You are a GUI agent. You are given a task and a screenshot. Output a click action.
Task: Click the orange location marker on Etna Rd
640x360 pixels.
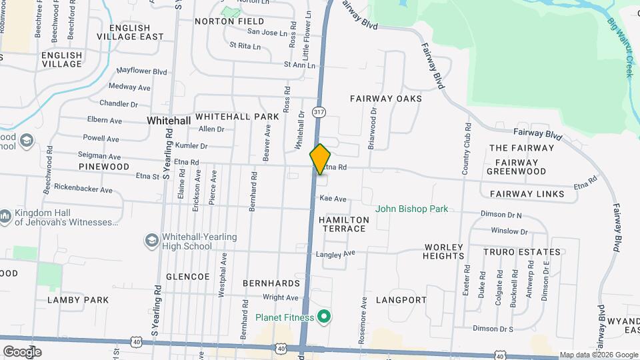coord(321,159)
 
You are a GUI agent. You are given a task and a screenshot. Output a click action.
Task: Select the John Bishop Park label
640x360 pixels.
coord(411,209)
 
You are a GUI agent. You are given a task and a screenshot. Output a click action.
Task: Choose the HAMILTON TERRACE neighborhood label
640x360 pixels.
coord(343,224)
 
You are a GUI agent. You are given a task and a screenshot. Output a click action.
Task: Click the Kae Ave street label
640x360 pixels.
coord(333,199)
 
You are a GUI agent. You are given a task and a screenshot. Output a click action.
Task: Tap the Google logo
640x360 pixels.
coord(22,351)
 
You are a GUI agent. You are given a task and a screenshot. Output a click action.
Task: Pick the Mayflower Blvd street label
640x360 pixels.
coord(141,71)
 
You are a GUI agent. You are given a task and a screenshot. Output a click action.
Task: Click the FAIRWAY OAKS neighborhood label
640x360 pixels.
coord(386,98)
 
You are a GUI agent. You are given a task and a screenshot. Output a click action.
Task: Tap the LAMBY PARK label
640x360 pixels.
coord(78,300)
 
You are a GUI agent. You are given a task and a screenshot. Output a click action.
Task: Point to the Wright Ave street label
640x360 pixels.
coord(280,297)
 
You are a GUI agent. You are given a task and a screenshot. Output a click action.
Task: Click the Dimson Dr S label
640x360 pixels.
coord(493,329)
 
